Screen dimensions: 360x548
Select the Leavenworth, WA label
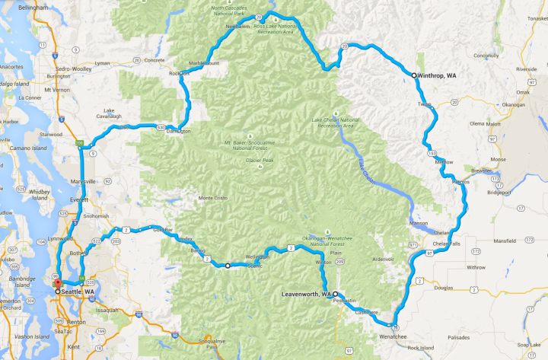304,294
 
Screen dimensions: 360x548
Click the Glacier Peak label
254,161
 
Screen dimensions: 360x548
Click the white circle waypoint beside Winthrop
414,75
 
